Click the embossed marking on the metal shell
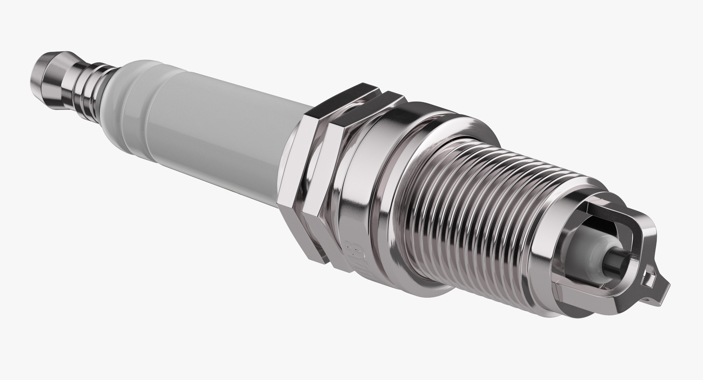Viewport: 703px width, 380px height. tap(354, 254)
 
